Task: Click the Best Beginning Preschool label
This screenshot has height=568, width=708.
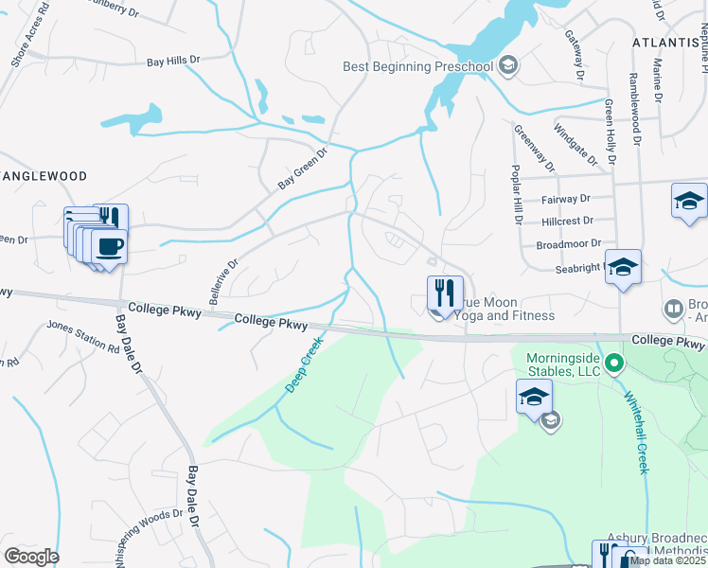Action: pyautogui.click(x=417, y=66)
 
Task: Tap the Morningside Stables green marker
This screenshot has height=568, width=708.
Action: pyautogui.click(x=614, y=363)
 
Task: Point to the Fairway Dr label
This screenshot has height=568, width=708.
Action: pyautogui.click(x=566, y=200)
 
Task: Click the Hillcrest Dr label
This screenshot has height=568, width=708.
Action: pyautogui.click(x=568, y=221)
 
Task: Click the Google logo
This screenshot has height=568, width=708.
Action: pyautogui.click(x=31, y=557)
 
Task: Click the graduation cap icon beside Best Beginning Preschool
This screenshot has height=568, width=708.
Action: pyautogui.click(x=508, y=65)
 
